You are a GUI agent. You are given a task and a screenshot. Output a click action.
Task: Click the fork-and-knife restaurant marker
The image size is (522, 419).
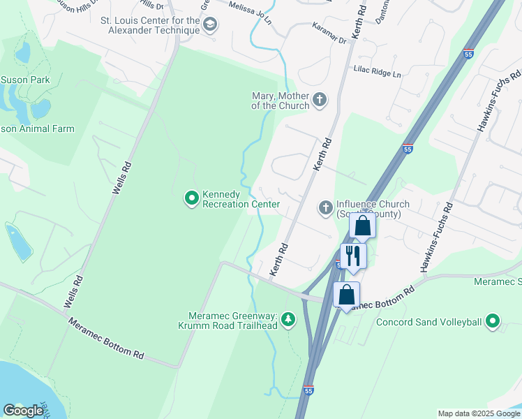click(x=353, y=256)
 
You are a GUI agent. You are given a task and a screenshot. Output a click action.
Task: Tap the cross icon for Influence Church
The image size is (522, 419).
click(x=325, y=207)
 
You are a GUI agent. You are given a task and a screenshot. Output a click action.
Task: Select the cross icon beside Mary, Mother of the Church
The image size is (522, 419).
click(x=320, y=100)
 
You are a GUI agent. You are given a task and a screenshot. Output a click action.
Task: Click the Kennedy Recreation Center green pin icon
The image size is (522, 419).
click(x=191, y=199)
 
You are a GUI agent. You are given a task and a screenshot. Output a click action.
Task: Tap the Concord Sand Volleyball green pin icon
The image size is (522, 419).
click(x=493, y=322)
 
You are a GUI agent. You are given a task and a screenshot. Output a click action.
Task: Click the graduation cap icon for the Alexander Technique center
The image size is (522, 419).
click(x=209, y=27)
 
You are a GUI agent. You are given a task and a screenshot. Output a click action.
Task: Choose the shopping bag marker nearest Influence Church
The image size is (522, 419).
click(x=362, y=226)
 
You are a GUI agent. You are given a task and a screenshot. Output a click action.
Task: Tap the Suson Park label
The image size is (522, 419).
click(x=25, y=80)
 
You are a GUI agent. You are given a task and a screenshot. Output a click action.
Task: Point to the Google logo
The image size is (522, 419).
click(x=23, y=410)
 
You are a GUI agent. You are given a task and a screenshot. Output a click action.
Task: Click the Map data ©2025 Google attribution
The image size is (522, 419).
click(x=479, y=413)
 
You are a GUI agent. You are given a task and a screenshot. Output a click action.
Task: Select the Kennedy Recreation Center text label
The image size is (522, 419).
click(x=241, y=199)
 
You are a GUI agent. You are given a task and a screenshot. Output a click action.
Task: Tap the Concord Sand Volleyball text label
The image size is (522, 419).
click(x=429, y=322)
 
